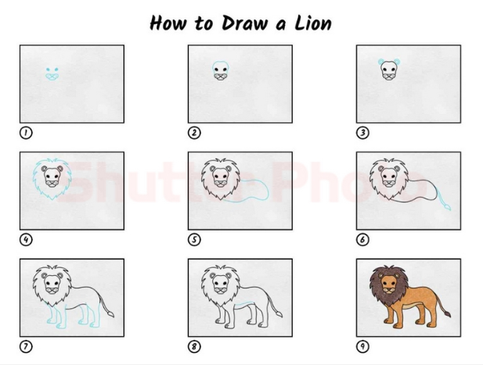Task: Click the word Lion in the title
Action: (312, 23)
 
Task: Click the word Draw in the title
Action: (243, 23)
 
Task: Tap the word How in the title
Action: (168, 23)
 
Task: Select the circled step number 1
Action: (26, 133)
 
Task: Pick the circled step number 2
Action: (194, 133)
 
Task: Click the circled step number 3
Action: (362, 133)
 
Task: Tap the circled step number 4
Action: (26, 239)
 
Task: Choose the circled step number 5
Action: (194, 239)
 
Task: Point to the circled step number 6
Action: (362, 239)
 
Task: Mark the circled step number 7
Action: (26, 346)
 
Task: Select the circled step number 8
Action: (194, 346)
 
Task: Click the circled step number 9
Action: (362, 346)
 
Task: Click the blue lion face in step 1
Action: (52, 74)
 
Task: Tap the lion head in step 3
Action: (389, 70)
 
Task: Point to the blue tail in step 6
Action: (444, 199)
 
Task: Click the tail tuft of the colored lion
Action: (447, 314)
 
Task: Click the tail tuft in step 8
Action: (279, 314)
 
